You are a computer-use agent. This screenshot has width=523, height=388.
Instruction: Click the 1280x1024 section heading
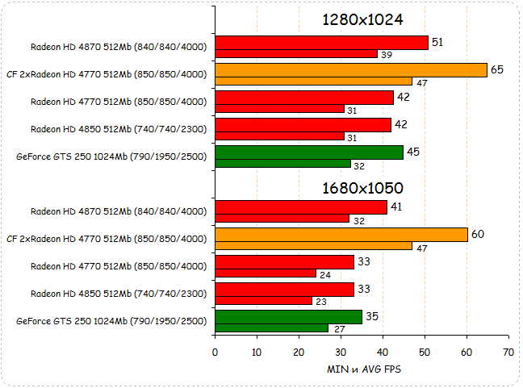click(x=362, y=19)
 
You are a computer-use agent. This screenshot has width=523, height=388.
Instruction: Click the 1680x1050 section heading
click(x=362, y=188)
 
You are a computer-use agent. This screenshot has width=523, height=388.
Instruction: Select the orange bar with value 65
click(x=351, y=70)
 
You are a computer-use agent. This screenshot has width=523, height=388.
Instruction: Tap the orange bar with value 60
click(x=341, y=235)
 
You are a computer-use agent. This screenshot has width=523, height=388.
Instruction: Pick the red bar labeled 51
click(x=321, y=43)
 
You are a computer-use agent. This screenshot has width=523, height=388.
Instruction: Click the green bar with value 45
click(x=309, y=152)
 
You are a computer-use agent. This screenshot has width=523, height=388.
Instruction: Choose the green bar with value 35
click(x=288, y=317)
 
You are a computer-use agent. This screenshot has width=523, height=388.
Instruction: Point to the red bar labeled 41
click(x=300, y=207)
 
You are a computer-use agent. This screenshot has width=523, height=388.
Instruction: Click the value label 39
click(x=387, y=54)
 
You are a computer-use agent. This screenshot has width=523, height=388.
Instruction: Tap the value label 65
click(x=497, y=70)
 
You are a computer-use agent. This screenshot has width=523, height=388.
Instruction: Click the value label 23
click(x=320, y=301)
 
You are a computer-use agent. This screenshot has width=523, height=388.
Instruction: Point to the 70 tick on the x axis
click(x=508, y=352)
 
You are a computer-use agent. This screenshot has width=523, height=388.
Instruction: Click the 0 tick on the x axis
click(x=215, y=352)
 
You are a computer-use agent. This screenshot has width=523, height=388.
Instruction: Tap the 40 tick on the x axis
click(x=383, y=352)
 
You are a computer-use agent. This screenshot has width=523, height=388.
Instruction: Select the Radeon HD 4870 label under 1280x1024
click(x=118, y=47)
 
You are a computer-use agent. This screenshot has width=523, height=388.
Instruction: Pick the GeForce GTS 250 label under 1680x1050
click(x=111, y=321)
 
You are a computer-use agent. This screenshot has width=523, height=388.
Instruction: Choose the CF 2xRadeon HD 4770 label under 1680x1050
click(x=106, y=239)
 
